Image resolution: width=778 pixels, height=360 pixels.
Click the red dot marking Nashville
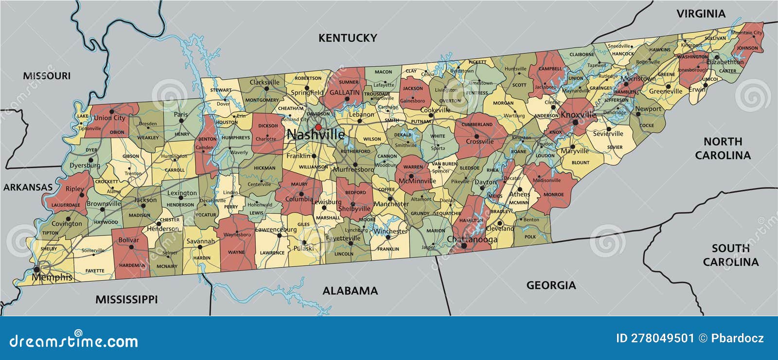318,127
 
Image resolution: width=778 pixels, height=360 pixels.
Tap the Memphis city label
52,277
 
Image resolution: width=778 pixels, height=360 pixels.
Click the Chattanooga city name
472,239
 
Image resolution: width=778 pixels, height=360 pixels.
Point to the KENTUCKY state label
348,38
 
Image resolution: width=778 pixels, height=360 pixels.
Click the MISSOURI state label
47,76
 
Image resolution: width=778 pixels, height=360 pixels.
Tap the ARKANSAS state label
28,187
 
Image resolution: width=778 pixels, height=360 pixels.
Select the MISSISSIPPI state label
126,299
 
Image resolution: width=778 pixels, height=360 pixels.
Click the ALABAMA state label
350,291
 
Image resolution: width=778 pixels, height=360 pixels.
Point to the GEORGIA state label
551,285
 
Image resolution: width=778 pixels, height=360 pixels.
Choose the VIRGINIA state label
701,14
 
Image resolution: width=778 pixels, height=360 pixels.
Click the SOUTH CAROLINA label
730,255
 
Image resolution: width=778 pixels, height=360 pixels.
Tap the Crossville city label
479,142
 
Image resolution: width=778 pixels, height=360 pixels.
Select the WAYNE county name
236,252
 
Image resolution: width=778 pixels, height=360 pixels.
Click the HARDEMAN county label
132,265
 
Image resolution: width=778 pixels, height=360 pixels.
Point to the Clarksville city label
265,82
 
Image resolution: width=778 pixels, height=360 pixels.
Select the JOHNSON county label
747,48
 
